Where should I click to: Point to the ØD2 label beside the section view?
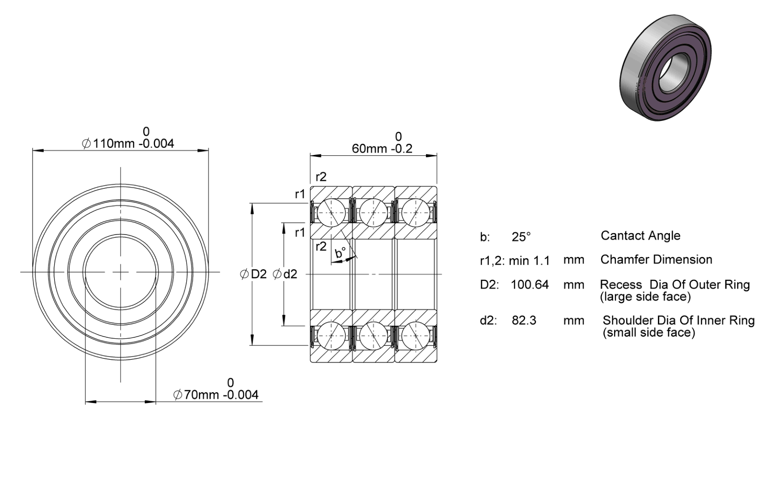(253, 274)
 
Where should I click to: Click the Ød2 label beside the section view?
(285, 274)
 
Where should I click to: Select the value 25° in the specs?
(521, 237)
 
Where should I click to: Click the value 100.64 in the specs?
(529, 284)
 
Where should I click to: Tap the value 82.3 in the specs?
(524, 320)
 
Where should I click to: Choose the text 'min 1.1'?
(529, 261)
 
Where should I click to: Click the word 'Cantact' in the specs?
(621, 235)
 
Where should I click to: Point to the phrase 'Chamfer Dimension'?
(656, 259)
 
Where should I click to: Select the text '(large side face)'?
(645, 296)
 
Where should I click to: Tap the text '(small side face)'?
(649, 332)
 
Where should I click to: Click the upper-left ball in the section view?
(331, 213)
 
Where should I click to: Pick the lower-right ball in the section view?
(415, 335)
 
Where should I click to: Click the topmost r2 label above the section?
(321, 177)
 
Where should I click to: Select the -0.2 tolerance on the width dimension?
(402, 148)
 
